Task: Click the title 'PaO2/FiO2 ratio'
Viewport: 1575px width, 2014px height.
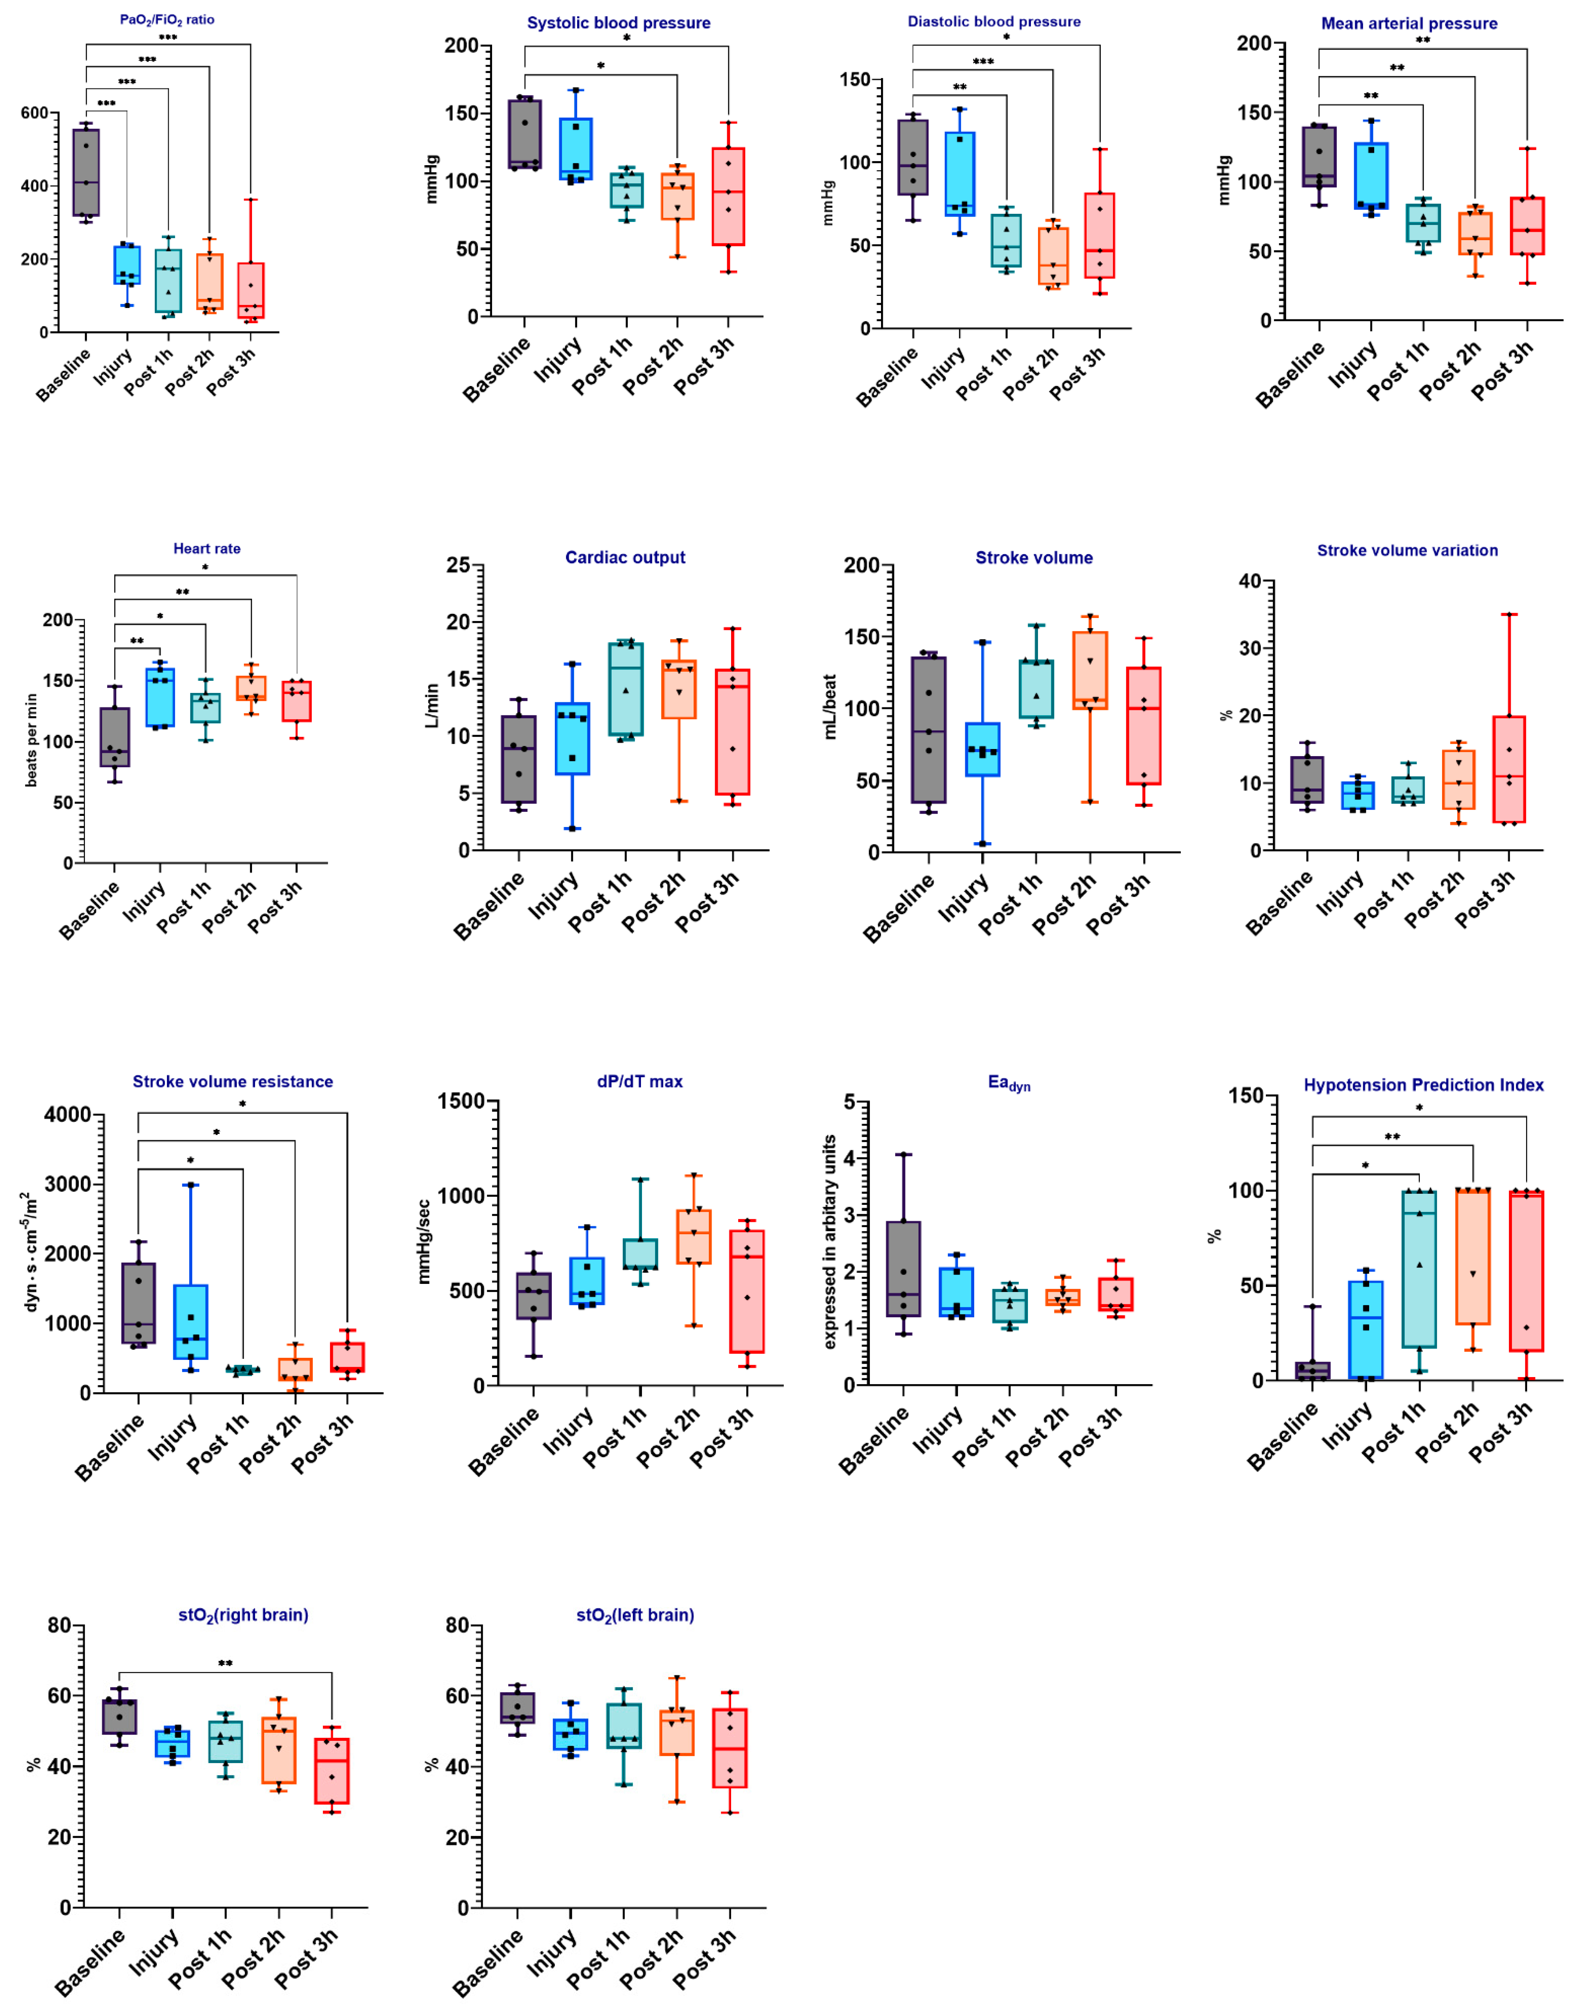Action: pos(167,19)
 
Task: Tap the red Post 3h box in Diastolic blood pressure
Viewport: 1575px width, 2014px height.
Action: pos(1099,235)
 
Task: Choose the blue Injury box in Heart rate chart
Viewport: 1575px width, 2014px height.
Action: pos(160,697)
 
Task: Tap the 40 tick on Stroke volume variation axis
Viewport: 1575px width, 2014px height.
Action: pos(1250,581)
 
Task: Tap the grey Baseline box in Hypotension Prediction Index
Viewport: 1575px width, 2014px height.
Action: pos(1312,1370)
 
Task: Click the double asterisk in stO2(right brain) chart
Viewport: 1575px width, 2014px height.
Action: pos(225,1664)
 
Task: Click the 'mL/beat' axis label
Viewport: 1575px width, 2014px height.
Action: pos(830,707)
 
